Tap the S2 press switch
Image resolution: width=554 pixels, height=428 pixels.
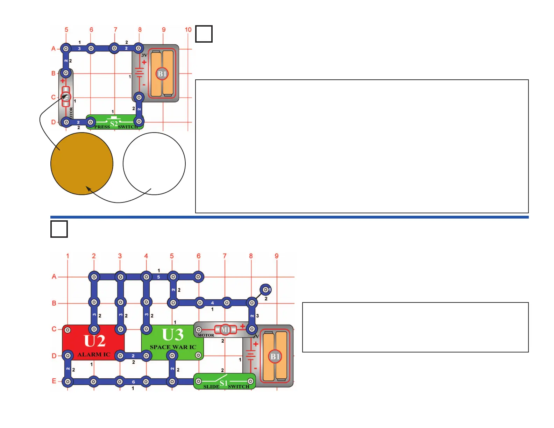tap(114, 123)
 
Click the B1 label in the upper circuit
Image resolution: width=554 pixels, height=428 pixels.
tap(162, 74)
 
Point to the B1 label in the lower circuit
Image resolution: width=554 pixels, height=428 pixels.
tap(275, 356)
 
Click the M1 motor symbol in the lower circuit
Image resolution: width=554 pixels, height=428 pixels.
tap(226, 330)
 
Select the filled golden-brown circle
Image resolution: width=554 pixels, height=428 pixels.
tap(82, 163)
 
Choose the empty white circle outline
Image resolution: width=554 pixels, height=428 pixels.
tap(154, 163)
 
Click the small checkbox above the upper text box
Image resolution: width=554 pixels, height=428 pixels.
tap(204, 34)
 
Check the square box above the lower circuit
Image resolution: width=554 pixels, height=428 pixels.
tap(59, 229)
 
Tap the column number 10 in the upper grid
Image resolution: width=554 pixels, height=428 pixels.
tap(188, 30)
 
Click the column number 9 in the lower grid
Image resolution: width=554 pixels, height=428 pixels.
tap(277, 256)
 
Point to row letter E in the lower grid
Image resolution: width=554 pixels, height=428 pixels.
tap(54, 381)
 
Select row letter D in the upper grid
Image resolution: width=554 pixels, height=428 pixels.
tap(54, 122)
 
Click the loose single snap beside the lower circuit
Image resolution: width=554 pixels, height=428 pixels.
tap(266, 290)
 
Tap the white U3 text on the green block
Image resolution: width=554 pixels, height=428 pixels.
tap(173, 335)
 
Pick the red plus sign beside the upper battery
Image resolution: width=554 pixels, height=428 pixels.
tap(144, 62)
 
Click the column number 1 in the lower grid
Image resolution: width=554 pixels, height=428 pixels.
tap(68, 256)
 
